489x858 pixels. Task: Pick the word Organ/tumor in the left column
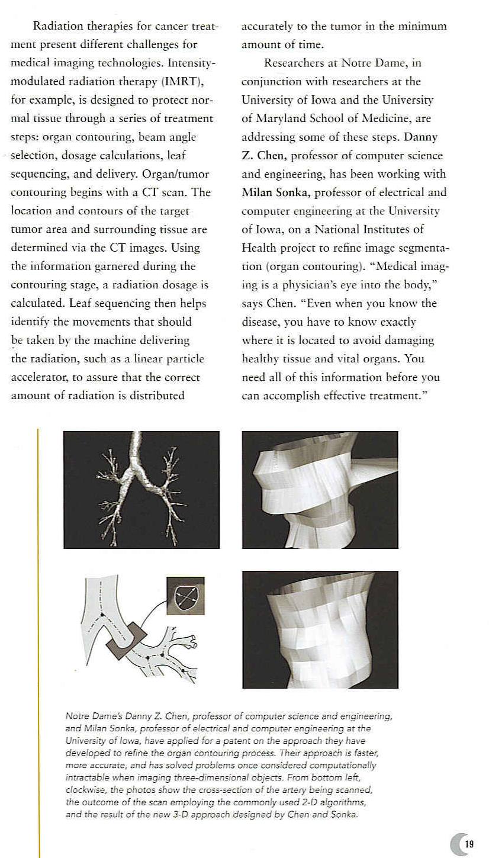pyautogui.click(x=191, y=173)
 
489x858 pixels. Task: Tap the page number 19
pyautogui.click(x=469, y=844)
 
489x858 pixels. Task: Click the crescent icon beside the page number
pyautogui.click(x=456, y=844)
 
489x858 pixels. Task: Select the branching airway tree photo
pyautogui.click(x=141, y=489)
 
